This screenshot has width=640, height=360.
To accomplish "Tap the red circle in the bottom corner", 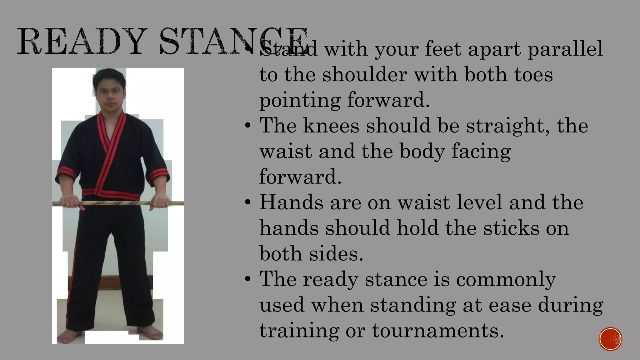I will (x=610, y=339).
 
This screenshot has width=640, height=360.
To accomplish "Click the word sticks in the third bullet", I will (x=511, y=228).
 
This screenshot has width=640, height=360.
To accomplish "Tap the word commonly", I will (x=506, y=279).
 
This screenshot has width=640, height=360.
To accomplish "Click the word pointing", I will (x=300, y=101).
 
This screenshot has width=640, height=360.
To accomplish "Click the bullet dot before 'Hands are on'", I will (x=248, y=202).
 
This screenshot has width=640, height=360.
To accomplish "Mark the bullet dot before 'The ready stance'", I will (x=248, y=279).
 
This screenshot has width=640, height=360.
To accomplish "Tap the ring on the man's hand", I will (x=163, y=204).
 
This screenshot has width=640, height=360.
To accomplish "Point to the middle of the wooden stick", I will (x=118, y=203).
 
